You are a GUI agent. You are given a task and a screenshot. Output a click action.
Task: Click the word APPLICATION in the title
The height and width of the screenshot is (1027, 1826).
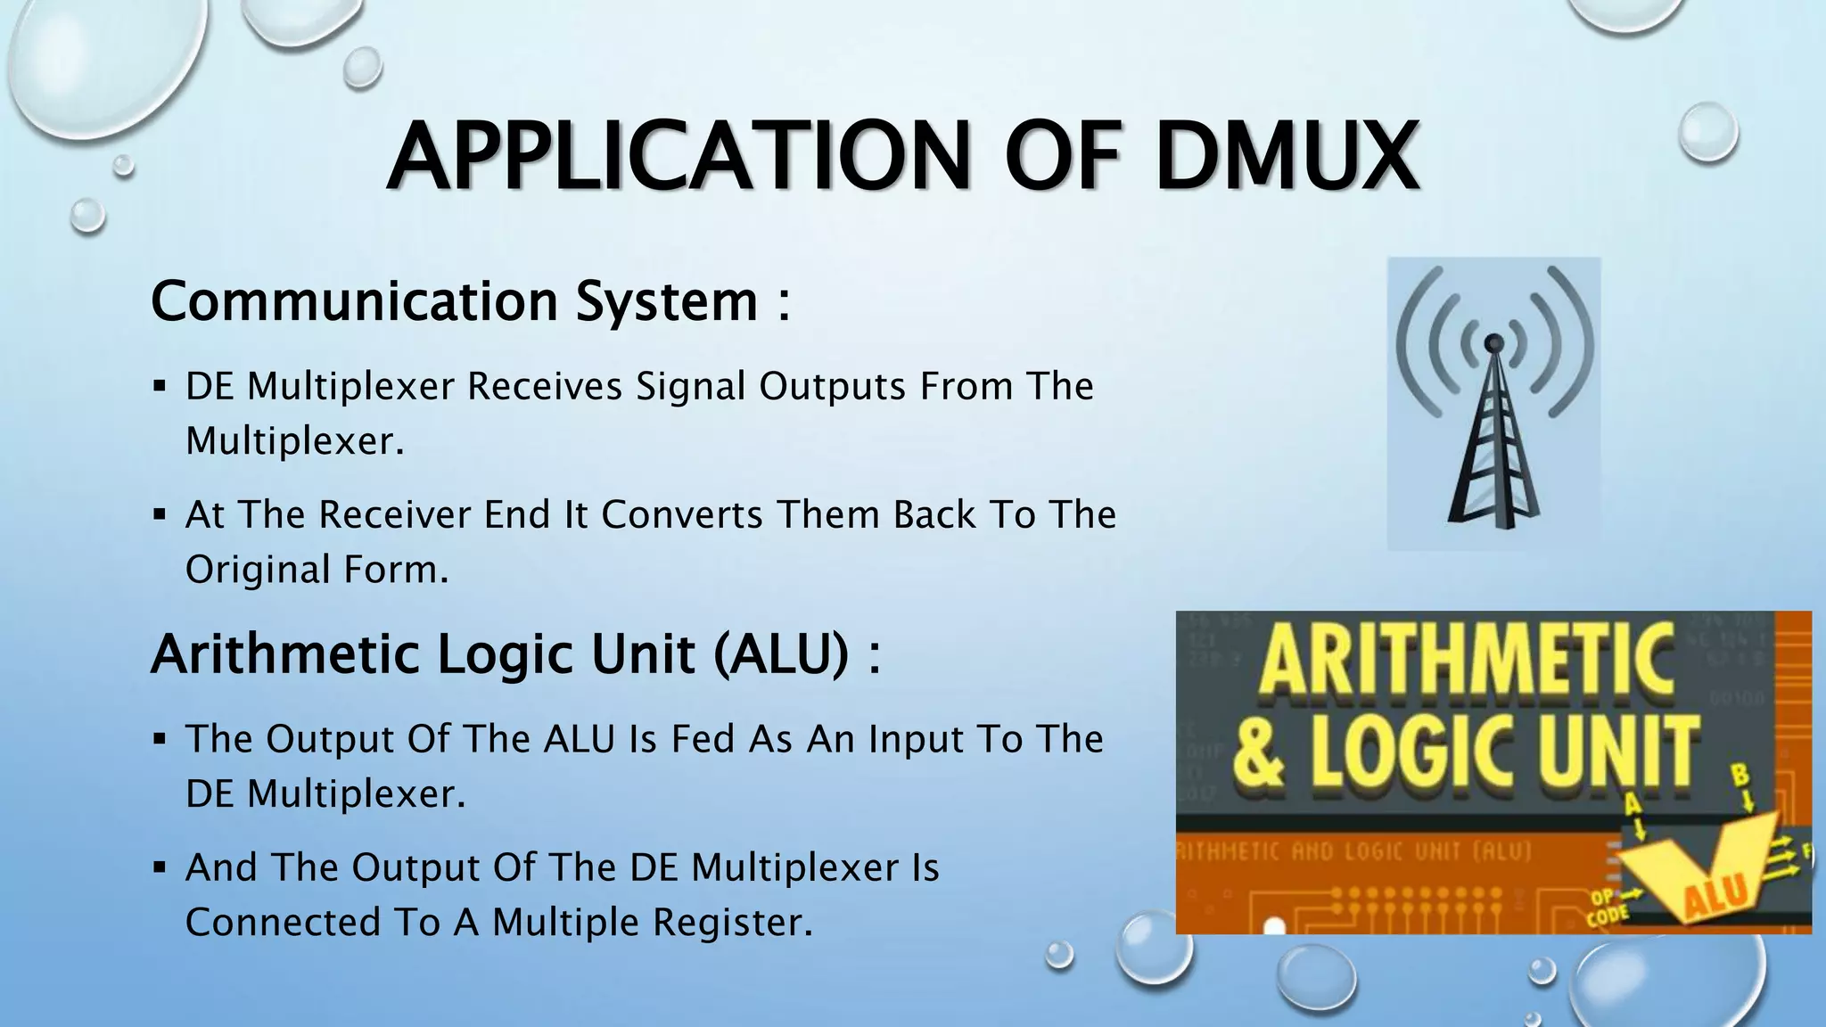(678, 157)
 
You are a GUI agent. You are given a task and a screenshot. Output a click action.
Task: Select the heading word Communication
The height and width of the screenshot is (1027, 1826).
(354, 301)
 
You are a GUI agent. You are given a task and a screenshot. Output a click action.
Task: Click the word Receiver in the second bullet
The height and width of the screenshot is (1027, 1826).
(395, 515)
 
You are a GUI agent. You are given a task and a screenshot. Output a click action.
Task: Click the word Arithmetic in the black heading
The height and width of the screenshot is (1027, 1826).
(284, 654)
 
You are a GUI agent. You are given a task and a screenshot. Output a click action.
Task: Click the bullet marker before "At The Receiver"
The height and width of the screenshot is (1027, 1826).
(160, 515)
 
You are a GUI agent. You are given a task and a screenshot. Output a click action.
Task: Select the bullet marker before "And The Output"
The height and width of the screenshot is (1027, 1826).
(160, 867)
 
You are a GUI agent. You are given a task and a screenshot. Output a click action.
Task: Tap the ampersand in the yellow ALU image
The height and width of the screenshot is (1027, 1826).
(1260, 753)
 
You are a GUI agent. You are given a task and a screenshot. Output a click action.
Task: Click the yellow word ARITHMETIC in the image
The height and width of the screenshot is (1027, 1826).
(1467, 661)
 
